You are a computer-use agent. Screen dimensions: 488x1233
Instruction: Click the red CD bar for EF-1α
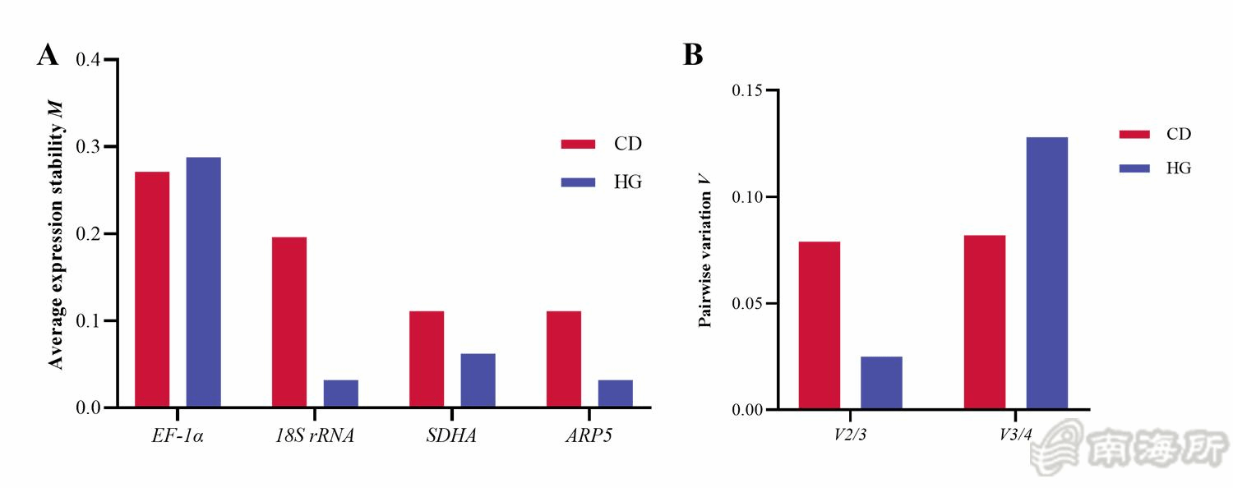point(152,289)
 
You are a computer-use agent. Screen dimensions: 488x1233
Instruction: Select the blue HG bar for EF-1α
point(203,282)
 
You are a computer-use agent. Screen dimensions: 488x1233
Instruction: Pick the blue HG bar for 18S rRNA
point(340,393)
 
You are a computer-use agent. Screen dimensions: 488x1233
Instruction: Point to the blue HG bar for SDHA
point(478,380)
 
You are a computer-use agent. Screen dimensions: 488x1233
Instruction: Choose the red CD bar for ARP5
point(564,359)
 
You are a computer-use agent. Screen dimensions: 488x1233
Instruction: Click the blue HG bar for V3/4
point(1046,273)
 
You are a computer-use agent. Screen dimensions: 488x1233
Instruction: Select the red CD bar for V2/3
point(820,325)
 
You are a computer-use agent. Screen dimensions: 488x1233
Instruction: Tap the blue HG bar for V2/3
point(881,382)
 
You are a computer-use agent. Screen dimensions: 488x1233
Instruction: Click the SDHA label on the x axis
point(451,435)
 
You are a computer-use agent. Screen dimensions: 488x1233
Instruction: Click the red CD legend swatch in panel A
point(577,144)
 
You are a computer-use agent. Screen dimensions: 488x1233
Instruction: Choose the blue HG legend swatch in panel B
point(1135,168)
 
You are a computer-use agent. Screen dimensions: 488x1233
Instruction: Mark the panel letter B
point(693,55)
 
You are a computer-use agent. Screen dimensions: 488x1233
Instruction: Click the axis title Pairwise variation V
point(705,250)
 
